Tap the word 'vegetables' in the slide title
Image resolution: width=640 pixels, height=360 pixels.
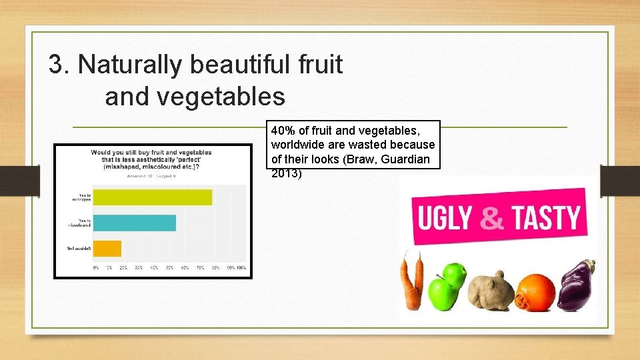tap(195, 97)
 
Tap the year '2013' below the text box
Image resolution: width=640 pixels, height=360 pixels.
tap(285, 174)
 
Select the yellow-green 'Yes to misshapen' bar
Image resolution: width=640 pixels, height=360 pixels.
tap(153, 197)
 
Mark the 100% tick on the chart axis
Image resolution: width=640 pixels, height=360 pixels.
tap(241, 267)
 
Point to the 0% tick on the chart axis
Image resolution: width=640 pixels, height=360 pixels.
tap(95, 267)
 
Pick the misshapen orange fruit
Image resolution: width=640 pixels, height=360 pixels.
tap(535, 292)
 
